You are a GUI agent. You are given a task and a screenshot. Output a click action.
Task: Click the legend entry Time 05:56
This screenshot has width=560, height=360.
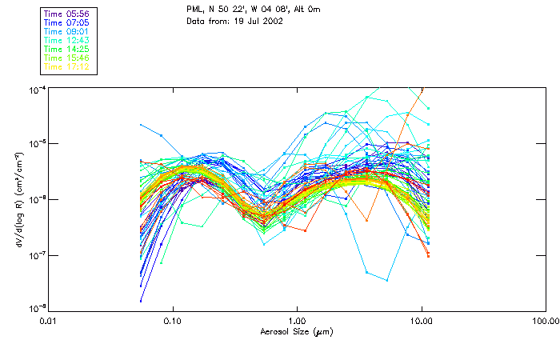click(67, 14)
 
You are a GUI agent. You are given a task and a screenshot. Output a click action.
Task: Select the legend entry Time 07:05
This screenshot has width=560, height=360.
click(67, 22)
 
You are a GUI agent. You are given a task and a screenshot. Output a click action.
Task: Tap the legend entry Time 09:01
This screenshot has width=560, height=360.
click(67, 31)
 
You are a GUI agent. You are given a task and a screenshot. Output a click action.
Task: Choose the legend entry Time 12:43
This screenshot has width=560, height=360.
click(67, 40)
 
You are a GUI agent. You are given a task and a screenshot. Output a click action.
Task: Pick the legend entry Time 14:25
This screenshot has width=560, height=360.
click(67, 49)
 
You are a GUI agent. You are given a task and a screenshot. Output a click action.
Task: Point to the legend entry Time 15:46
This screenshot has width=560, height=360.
click(67, 58)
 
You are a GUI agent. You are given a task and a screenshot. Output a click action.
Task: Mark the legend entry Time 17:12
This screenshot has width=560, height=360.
click(67, 66)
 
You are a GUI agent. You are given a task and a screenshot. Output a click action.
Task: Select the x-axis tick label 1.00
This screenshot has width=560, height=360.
click(297, 321)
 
